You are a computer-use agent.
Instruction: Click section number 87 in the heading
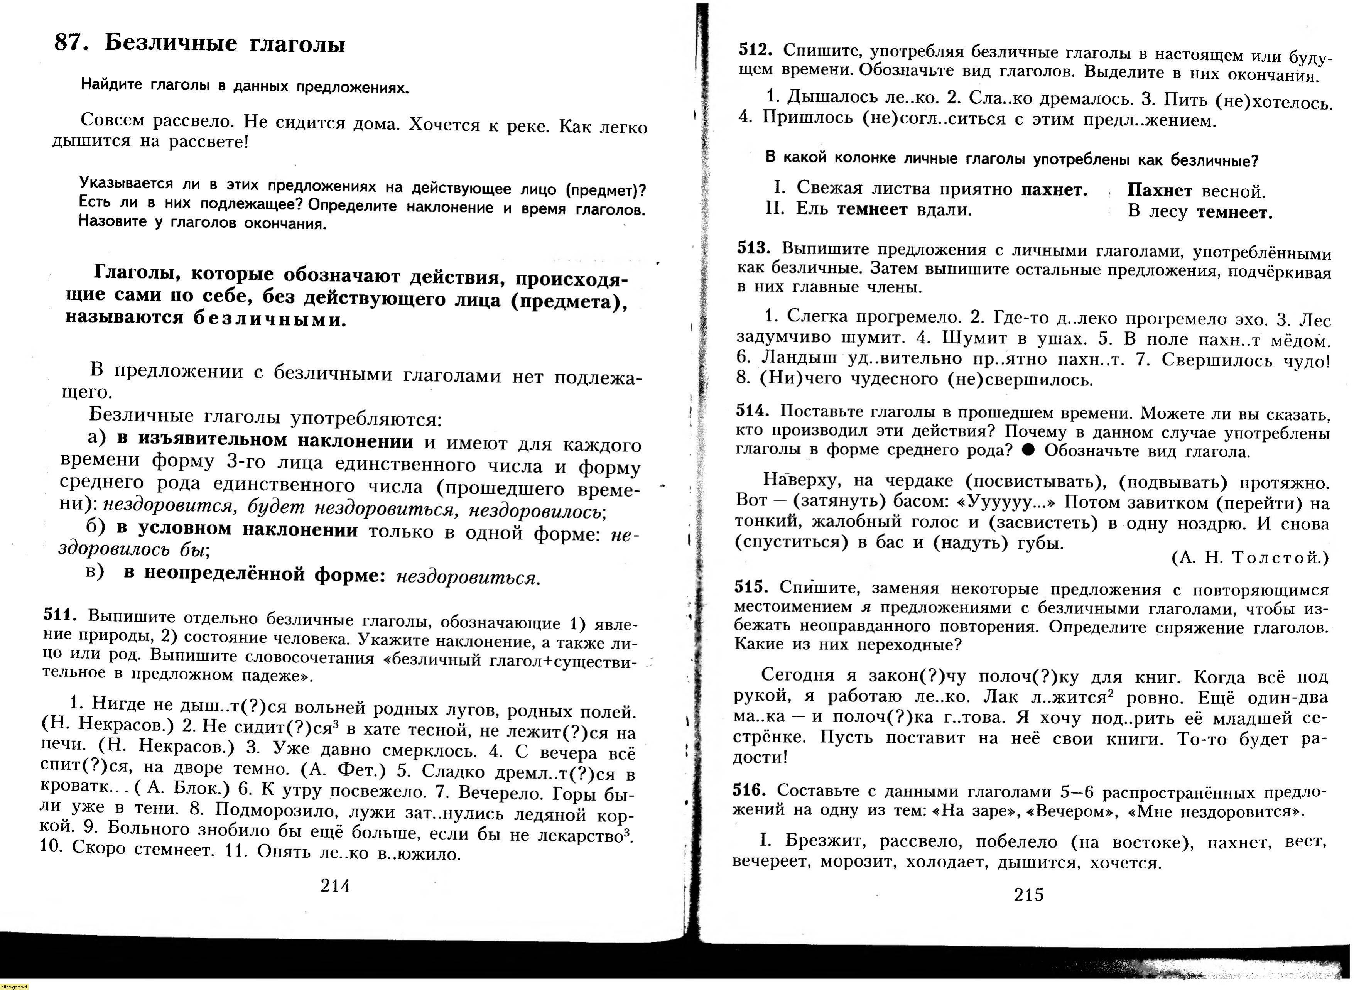71,42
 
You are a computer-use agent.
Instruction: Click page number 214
335,886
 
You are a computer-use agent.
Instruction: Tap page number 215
1029,895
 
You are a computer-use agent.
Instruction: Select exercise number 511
61,614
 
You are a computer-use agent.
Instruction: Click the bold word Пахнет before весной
1159,191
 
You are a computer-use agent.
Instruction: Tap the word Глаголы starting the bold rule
138,273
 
